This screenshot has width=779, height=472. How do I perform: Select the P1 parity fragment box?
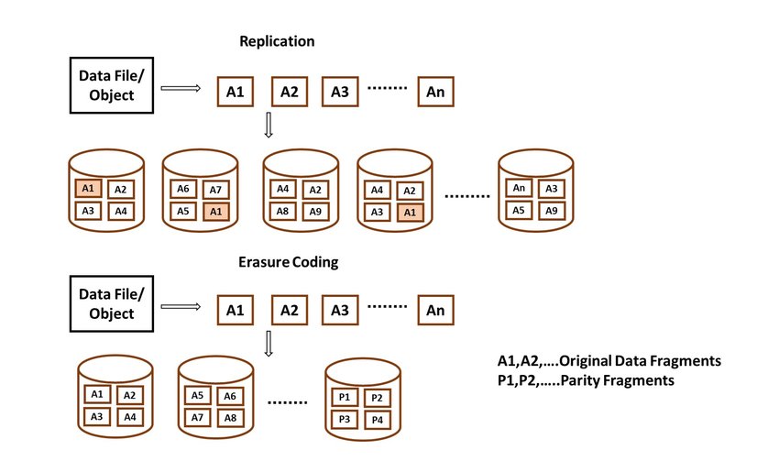(x=345, y=397)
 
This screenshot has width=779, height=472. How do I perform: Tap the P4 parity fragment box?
(x=377, y=419)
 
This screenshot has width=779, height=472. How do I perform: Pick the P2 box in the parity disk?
(x=377, y=397)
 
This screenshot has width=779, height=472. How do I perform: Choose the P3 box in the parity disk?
(x=345, y=419)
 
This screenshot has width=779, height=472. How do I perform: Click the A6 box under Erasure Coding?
(x=229, y=396)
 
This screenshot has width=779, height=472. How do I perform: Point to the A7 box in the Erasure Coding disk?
(x=197, y=418)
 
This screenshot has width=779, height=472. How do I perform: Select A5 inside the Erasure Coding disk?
(x=197, y=396)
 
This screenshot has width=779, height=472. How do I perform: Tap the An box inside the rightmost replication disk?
(x=519, y=188)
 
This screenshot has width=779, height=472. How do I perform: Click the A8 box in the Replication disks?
(x=283, y=211)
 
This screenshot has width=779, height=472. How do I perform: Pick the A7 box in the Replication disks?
(x=214, y=190)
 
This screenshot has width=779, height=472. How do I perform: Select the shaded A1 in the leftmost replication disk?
(x=88, y=189)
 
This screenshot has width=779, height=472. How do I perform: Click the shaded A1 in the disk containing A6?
(x=214, y=212)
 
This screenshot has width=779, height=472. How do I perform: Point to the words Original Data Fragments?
(x=641, y=361)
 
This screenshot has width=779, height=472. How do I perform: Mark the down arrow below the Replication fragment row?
(x=268, y=126)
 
